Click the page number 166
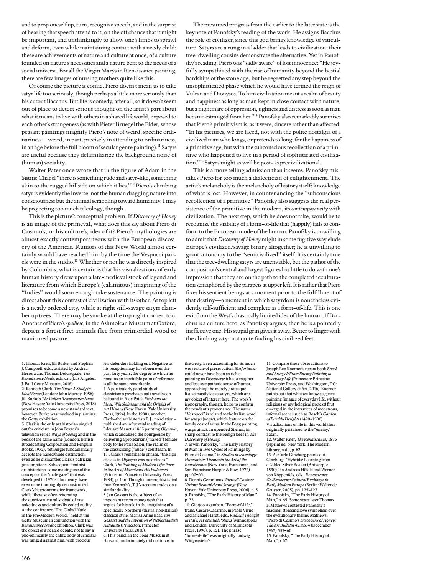pos(26,558)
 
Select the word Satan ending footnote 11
pos(271,434)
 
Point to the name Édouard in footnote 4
pos(113,418)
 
